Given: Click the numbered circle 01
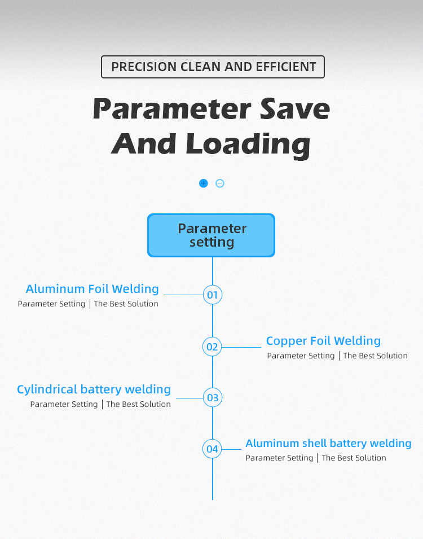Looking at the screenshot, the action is coord(213,295).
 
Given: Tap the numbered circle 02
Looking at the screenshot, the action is coord(212,347).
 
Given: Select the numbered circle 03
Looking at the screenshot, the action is coord(213,397).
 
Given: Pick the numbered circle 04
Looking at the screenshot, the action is coord(212,449).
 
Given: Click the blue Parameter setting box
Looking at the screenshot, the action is coord(211,235).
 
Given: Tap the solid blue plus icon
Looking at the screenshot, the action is coord(204,183).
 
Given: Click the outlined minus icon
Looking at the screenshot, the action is coord(220,183).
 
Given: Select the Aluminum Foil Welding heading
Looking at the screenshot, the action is coord(92,289).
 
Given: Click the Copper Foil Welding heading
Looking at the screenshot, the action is coord(323,341).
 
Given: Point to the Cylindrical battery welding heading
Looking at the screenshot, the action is coord(94,389).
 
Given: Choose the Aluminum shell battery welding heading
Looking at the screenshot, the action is coord(328,443).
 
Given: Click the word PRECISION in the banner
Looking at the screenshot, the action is coord(144,67).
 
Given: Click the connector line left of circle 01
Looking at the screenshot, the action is coord(183,295).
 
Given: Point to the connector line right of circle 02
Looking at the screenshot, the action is coord(241,347).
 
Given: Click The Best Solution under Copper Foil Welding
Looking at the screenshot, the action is coord(375,356).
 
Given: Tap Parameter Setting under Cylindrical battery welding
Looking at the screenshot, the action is coord(64,404).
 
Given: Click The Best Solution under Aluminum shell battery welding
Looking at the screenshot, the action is coord(354,458).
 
